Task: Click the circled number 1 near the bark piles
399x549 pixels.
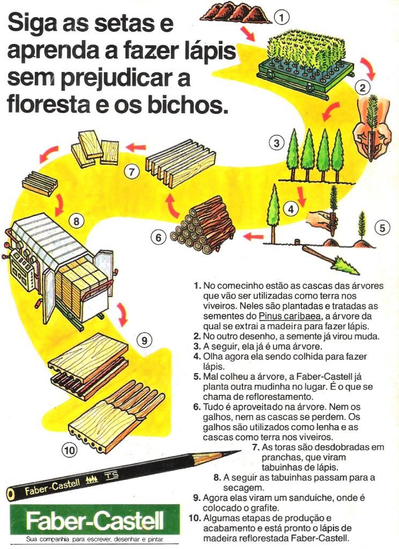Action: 281,17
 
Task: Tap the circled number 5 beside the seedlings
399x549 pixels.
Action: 381,227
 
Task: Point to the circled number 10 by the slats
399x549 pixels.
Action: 69,450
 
